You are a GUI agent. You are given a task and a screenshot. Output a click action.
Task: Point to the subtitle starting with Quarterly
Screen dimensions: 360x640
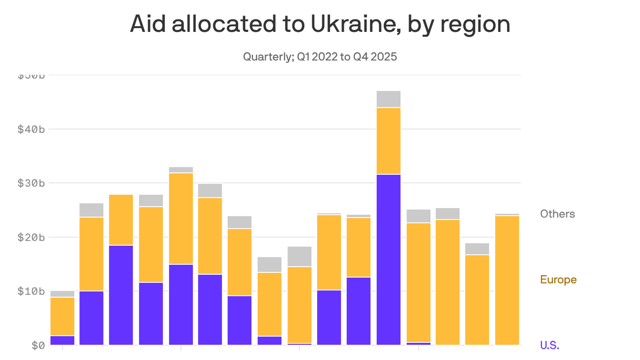(320, 57)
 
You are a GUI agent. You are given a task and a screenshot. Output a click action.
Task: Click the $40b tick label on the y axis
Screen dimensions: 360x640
(31, 129)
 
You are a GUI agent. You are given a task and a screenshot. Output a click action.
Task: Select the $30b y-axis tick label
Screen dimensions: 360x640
(31, 183)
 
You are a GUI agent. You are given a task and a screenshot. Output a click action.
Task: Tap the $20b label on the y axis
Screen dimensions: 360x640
(31, 237)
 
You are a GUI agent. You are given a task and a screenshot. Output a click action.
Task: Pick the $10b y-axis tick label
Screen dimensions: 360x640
(31, 291)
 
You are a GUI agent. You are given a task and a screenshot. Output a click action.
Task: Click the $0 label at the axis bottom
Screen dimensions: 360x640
(37, 345)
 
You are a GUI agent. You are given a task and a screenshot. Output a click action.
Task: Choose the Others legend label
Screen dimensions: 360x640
(557, 214)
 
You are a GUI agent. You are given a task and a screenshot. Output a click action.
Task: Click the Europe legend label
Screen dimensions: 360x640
(558, 280)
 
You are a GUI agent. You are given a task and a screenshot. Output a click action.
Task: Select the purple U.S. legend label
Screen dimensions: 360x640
(550, 345)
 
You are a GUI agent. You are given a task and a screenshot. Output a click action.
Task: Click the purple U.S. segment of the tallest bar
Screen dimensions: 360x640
(388, 259)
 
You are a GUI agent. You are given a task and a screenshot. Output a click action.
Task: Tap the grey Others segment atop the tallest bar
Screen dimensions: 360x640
(388, 99)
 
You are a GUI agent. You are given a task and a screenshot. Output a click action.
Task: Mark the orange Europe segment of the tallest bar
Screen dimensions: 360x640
(388, 141)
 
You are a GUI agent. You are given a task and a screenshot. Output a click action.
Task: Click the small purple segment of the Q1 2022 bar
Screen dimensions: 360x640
(62, 340)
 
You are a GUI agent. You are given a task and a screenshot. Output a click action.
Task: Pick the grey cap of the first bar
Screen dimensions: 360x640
(62, 294)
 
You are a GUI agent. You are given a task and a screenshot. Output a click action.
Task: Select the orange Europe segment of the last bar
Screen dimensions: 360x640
(507, 280)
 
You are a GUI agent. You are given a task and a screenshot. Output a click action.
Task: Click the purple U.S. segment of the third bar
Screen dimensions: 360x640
(121, 295)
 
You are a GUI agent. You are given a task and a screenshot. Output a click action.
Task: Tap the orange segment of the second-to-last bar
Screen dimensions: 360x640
(477, 300)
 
